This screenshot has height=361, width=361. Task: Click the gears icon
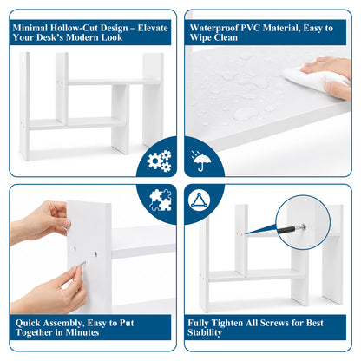pos(159,161)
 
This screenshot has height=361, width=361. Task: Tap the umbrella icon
pos(200,161)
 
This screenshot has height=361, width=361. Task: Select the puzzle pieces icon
pos(161,200)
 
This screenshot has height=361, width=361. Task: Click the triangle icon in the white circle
pos(199,200)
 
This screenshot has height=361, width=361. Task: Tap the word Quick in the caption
pos(28,323)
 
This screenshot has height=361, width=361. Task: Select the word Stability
pos(205,332)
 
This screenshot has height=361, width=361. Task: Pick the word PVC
pos(251,28)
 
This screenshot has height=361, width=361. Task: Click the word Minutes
pos(82,332)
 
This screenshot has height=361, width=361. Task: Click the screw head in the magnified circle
pos(303,226)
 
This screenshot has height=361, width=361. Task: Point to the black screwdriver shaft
pos(286,230)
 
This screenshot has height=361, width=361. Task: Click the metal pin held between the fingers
pos(82,264)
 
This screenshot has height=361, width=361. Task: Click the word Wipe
pos(200,37)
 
